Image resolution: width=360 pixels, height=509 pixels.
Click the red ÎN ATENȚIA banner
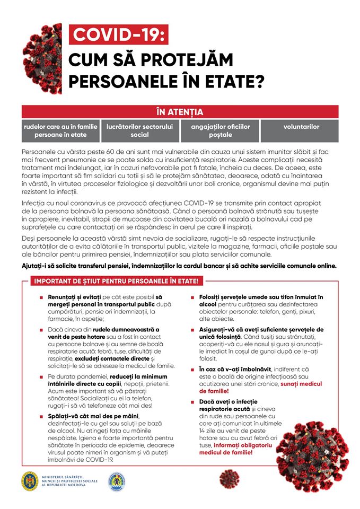pos(180,112)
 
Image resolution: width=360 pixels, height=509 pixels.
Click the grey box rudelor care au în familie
pos(60,131)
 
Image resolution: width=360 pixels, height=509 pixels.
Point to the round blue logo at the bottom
pos(116,482)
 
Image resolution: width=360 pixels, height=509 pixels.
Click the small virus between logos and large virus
pos(229,478)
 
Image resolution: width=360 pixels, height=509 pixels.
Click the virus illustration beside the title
pos(42,58)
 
